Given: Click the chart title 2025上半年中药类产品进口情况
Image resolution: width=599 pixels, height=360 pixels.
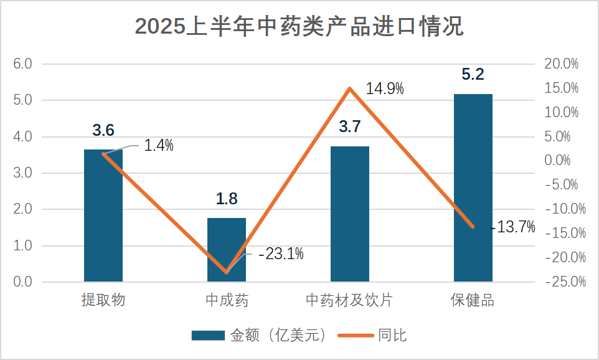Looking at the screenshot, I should (299, 28).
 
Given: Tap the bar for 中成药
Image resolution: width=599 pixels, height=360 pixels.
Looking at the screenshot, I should (227, 250).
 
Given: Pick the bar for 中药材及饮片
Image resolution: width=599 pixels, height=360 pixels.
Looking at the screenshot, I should (350, 214).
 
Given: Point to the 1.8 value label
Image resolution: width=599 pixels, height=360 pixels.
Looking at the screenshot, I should (227, 200).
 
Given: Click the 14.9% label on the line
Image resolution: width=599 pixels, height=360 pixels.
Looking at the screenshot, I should (385, 89).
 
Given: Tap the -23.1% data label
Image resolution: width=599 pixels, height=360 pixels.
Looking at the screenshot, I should (281, 254).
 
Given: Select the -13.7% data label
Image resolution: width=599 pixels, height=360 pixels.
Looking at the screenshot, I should (513, 227).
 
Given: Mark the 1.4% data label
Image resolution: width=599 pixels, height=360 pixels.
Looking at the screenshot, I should (159, 146).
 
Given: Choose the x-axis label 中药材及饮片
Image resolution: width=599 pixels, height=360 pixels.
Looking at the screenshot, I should (349, 301).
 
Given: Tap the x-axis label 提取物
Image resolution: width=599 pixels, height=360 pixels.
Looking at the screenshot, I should (103, 301).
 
